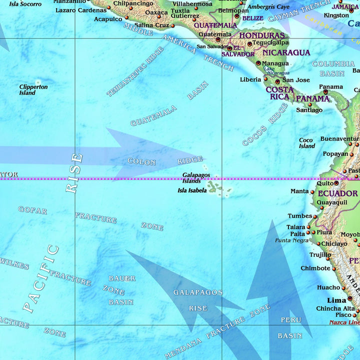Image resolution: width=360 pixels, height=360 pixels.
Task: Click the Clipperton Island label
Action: [33, 90]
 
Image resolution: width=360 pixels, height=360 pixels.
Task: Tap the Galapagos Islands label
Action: [196, 178]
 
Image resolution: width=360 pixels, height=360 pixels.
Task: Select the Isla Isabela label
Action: [192, 190]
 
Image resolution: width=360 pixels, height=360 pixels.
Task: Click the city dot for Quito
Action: [336, 183]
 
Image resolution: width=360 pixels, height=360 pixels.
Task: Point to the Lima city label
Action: [336, 300]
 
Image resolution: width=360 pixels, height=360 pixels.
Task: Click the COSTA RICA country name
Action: [279, 93]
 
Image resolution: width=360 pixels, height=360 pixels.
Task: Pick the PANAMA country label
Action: [312, 99]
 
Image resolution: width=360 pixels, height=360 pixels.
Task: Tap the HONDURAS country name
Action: [264, 36]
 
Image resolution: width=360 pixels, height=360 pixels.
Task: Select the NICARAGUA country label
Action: [286, 52]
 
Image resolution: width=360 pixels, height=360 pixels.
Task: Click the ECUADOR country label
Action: [338, 193]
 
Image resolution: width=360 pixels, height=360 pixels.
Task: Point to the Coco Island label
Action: [307, 143]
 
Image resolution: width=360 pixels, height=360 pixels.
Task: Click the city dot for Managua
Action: [258, 63]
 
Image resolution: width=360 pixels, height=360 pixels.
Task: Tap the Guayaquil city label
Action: [332, 202]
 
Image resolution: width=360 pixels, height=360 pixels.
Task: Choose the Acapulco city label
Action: [108, 19]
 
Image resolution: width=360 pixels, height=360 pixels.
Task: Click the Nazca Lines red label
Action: [344, 322]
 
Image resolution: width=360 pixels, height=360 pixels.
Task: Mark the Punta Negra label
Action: [292, 240]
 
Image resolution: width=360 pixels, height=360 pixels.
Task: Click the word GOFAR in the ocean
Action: [32, 210]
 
